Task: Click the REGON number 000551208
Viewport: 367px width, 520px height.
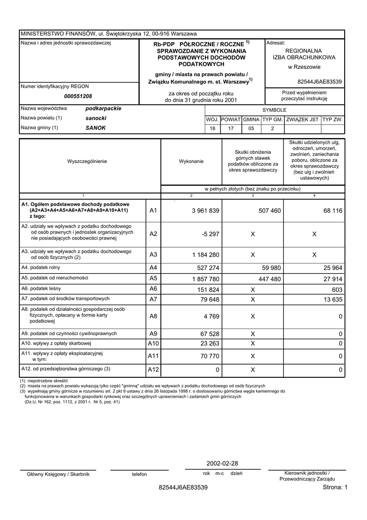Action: pos(78,96)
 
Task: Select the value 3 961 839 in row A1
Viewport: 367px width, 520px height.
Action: pos(205,211)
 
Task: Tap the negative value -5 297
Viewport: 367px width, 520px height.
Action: pos(210,234)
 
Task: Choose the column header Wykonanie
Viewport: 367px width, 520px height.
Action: pos(191,161)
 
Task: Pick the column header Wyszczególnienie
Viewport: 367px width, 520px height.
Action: pos(87,161)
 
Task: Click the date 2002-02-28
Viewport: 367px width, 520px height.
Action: pos(222,464)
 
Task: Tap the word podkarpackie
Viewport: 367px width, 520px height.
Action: pos(103,109)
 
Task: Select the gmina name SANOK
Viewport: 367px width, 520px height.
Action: pos(96,128)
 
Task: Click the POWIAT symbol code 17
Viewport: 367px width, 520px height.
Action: pos(231,128)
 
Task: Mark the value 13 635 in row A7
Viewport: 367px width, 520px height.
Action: pos(332,300)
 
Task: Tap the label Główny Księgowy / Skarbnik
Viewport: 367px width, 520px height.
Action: pos(58,474)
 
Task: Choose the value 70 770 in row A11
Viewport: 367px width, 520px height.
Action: pos(210,356)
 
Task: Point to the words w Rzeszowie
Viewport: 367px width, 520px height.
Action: pos(304,67)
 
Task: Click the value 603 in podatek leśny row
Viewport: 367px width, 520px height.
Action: pos(337,289)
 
